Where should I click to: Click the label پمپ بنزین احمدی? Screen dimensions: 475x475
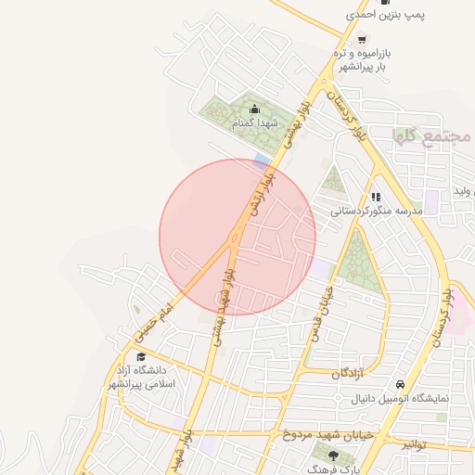[386, 14]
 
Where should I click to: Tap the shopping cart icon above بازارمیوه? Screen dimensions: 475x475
[361, 40]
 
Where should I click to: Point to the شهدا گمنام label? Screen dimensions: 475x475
[256, 123]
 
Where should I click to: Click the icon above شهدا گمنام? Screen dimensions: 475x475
[255, 109]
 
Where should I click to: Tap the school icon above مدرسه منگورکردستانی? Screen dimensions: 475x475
[376, 197]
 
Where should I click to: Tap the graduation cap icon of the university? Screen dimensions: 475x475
[140, 357]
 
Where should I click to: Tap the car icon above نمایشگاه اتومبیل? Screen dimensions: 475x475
[399, 384]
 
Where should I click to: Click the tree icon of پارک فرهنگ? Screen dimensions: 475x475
[333, 455]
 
